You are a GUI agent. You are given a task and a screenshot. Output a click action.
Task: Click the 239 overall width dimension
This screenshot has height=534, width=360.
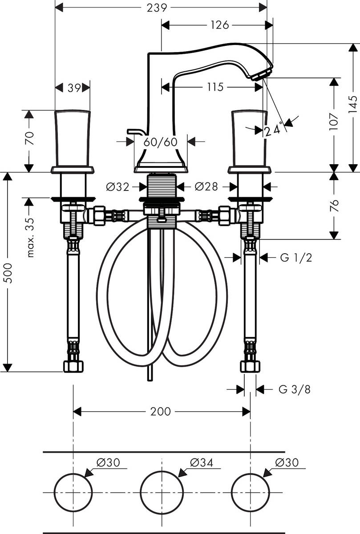pos(160,8)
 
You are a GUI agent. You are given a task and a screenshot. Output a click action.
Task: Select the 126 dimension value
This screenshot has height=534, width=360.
pos(219,25)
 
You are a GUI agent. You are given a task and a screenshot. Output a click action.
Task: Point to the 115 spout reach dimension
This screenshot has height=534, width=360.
pos(215,87)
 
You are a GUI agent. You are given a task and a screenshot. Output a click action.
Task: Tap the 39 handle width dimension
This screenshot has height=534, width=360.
pos(74,88)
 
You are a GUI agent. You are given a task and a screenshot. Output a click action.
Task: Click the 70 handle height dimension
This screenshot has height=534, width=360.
pos(29,139)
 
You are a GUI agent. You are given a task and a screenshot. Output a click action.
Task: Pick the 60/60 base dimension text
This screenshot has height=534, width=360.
pos(161,142)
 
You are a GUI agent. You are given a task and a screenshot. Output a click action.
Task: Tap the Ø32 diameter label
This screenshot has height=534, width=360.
pos(117,187)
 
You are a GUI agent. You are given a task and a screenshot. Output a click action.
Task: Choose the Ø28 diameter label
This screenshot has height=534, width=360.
pos(206,187)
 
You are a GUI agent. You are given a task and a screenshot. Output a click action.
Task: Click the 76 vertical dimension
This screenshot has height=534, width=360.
pos(334,205)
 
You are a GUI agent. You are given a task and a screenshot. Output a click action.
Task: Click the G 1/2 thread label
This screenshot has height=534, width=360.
pos(296,257)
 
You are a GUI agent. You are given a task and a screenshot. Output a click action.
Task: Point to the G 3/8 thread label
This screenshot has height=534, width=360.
pos(295,390)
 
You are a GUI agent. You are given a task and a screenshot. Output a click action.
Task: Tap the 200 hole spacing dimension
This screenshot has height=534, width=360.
pos(161,412)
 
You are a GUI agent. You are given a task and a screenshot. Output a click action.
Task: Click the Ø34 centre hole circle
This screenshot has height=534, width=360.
pos(162,493)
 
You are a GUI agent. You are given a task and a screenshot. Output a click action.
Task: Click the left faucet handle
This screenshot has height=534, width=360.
pos(72,139)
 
